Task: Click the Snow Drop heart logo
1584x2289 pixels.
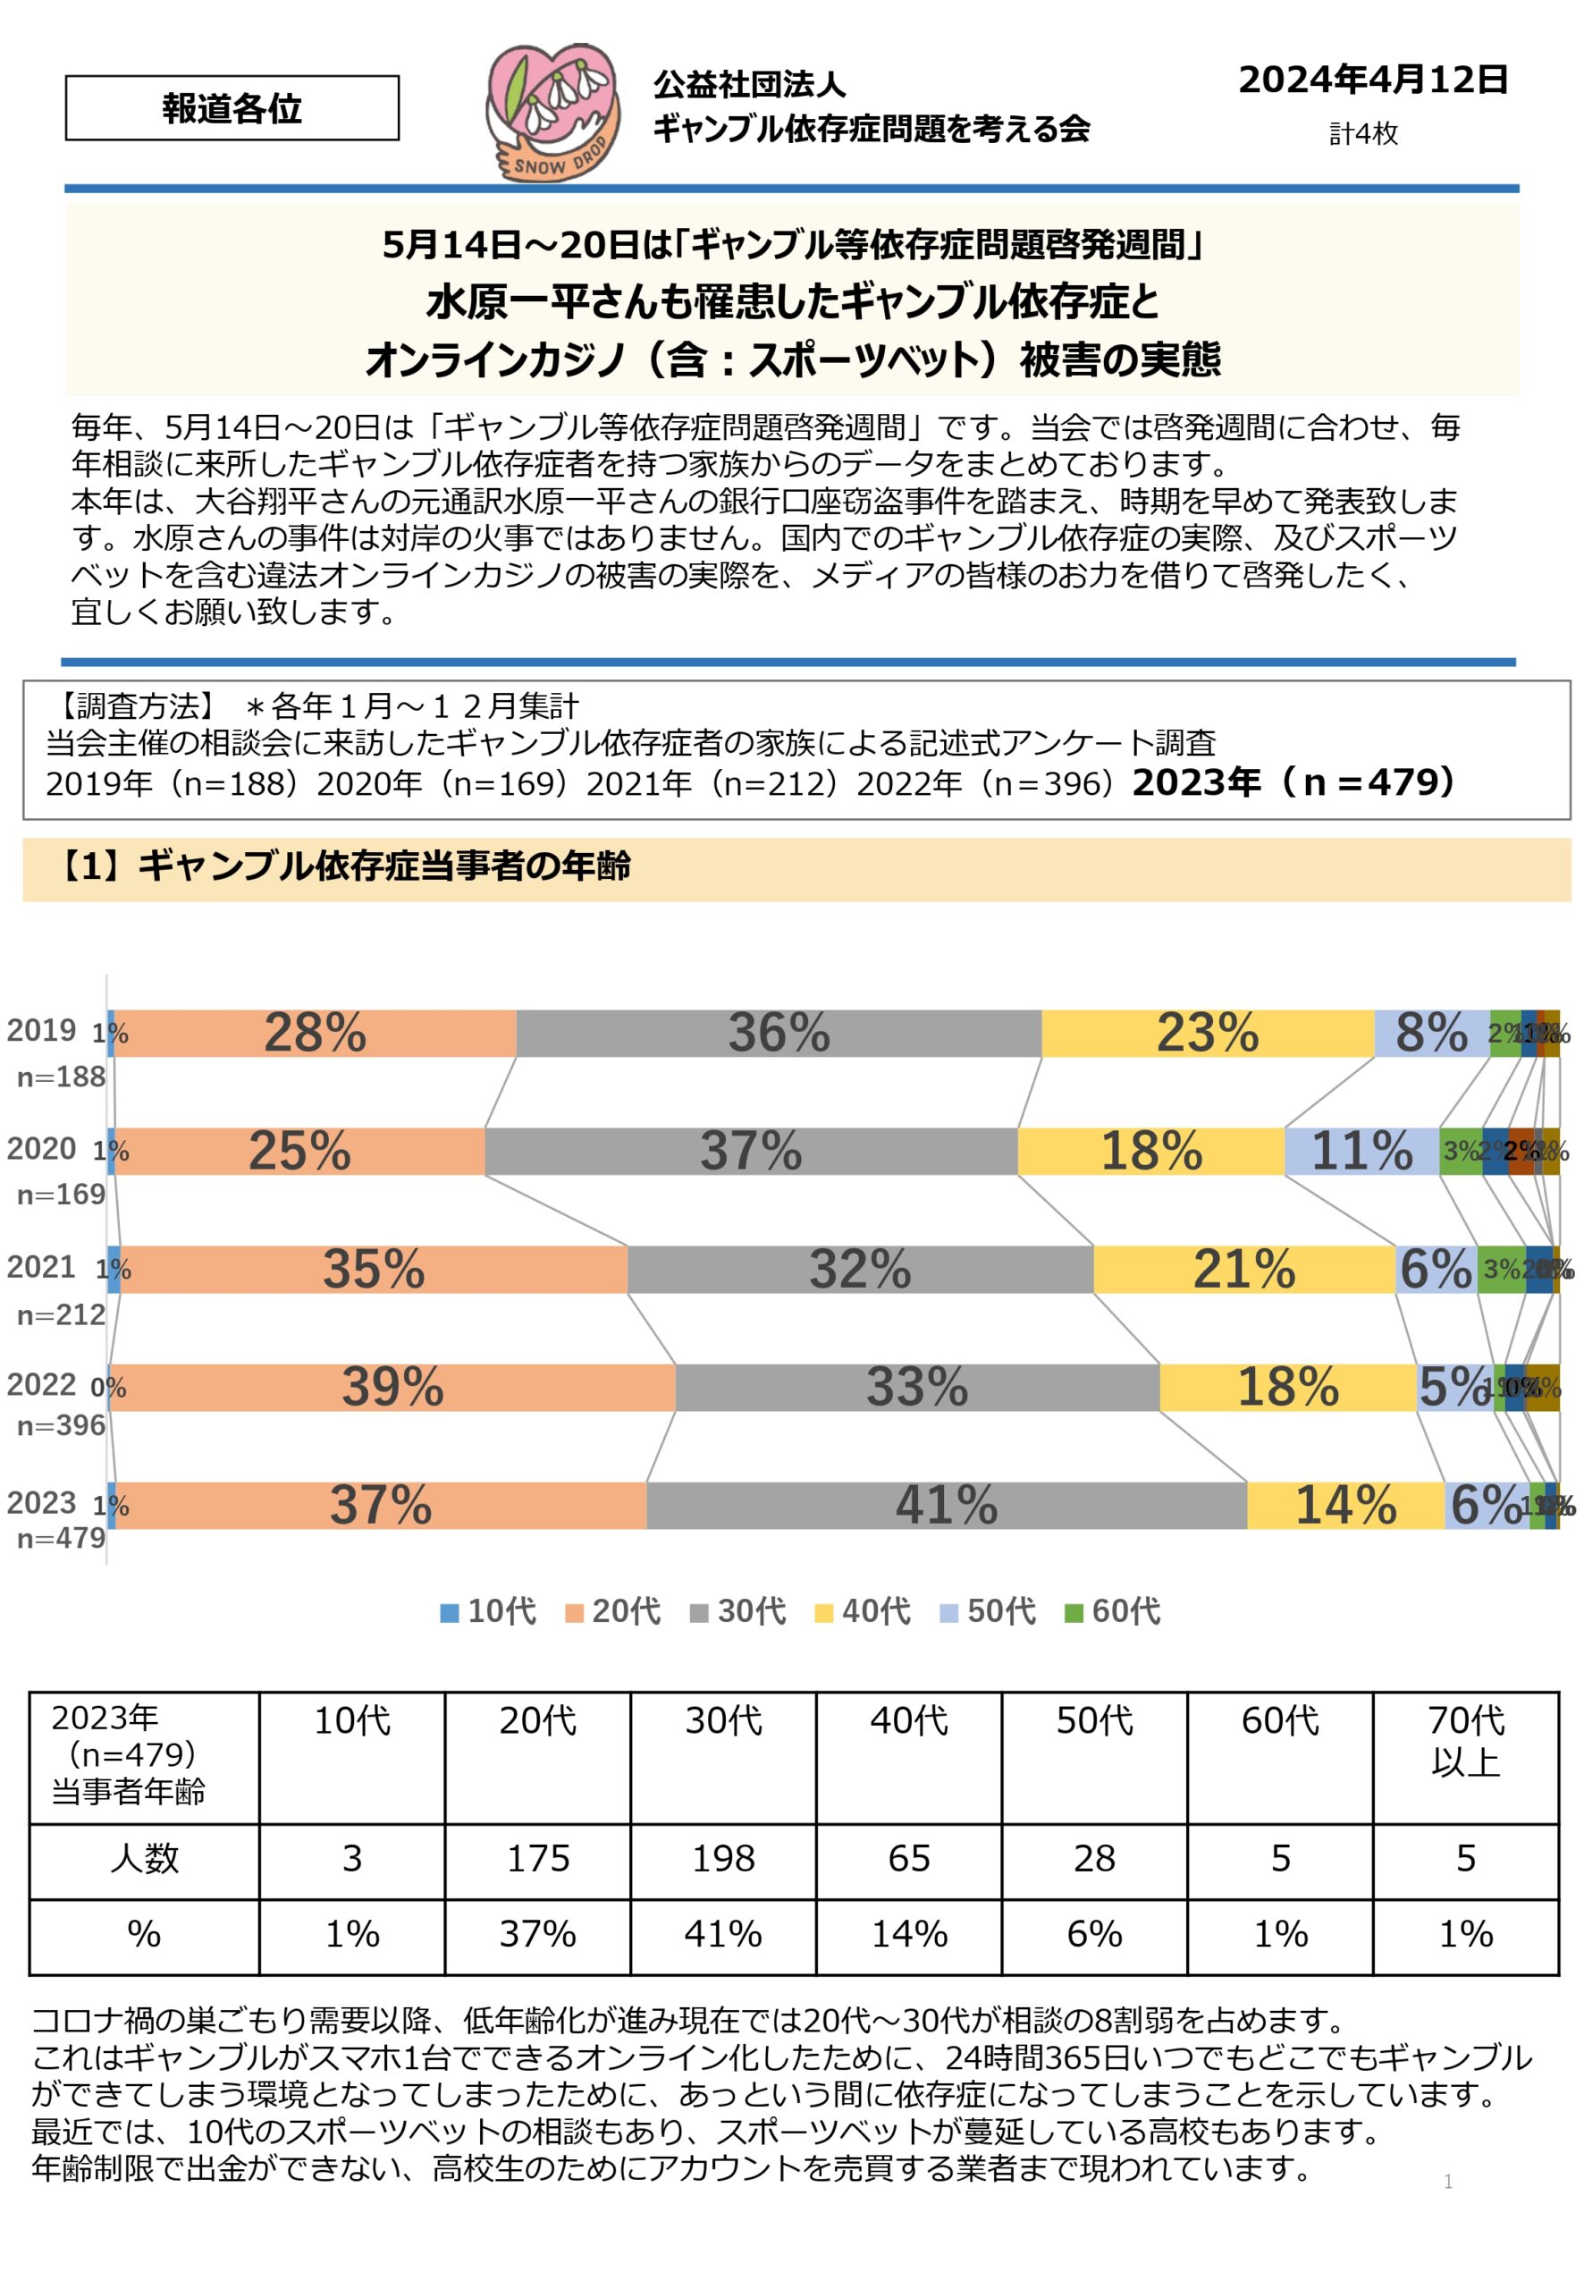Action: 552,111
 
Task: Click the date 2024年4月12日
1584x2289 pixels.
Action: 1373,80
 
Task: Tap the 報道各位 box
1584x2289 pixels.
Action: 232,108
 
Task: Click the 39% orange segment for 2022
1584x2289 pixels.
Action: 392,1387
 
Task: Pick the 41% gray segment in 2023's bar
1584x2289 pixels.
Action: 946,1505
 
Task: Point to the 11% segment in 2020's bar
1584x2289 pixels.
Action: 1361,1152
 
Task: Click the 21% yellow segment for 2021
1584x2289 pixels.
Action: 1243,1269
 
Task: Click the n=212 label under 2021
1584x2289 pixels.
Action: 62,1315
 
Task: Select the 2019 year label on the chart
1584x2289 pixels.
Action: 41,1030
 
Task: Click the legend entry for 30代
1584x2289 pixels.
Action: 738,1610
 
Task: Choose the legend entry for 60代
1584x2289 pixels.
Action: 1113,1610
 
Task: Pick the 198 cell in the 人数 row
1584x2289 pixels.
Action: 722,1858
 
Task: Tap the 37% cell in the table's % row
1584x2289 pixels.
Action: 537,1934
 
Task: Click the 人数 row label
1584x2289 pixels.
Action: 144,1858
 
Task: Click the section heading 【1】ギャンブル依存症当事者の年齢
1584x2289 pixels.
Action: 342,866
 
